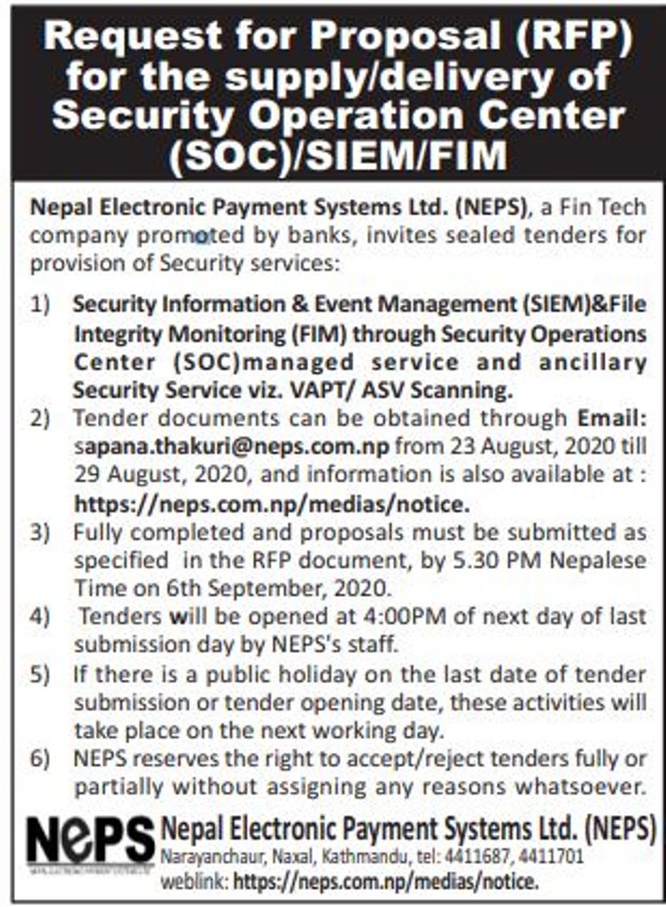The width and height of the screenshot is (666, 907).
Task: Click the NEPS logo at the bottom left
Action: [90, 842]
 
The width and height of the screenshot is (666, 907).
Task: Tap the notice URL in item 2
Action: [270, 504]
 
